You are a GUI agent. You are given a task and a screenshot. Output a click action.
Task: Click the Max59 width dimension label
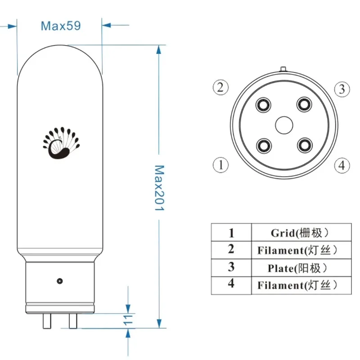click(x=61, y=26)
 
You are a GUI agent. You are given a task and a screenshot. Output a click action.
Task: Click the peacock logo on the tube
click(x=60, y=143)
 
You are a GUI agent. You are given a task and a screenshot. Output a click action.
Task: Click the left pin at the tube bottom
click(x=46, y=321)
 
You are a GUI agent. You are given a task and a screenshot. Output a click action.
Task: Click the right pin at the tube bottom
click(x=72, y=321)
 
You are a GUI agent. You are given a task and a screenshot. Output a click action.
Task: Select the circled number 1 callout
click(x=220, y=165)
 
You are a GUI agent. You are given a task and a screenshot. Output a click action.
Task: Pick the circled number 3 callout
click(x=342, y=89)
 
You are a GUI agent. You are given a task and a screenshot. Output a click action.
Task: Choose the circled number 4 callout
click(x=342, y=165)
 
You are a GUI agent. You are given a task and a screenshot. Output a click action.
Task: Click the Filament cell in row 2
click(x=297, y=250)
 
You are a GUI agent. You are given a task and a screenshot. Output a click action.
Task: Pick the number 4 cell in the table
click(x=231, y=285)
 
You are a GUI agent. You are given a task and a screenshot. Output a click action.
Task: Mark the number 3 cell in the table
click(x=231, y=267)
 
